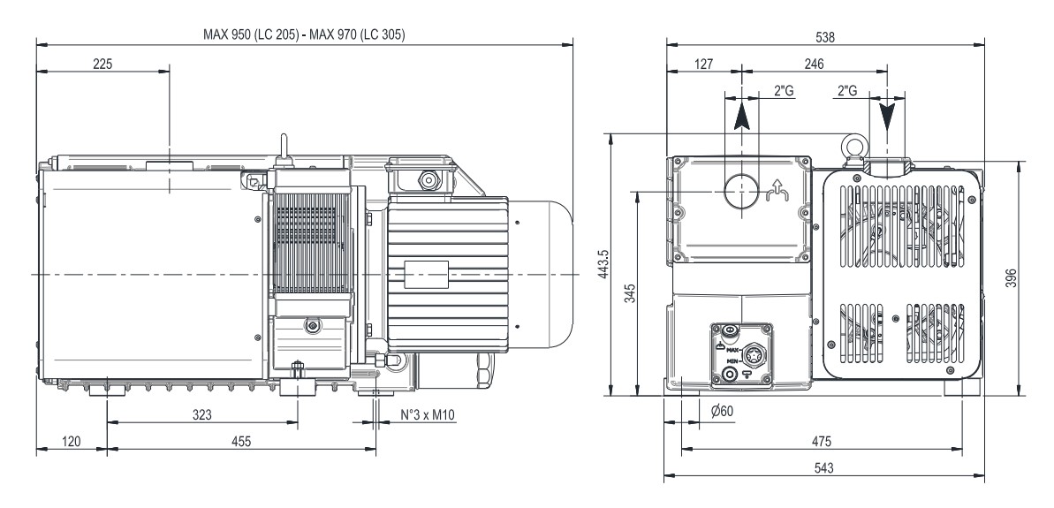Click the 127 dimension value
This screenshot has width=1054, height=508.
click(703, 64)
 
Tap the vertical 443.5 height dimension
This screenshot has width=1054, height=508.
click(604, 264)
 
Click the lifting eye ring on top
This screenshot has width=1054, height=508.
click(855, 142)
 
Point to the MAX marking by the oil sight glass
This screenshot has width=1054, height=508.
click(732, 350)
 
